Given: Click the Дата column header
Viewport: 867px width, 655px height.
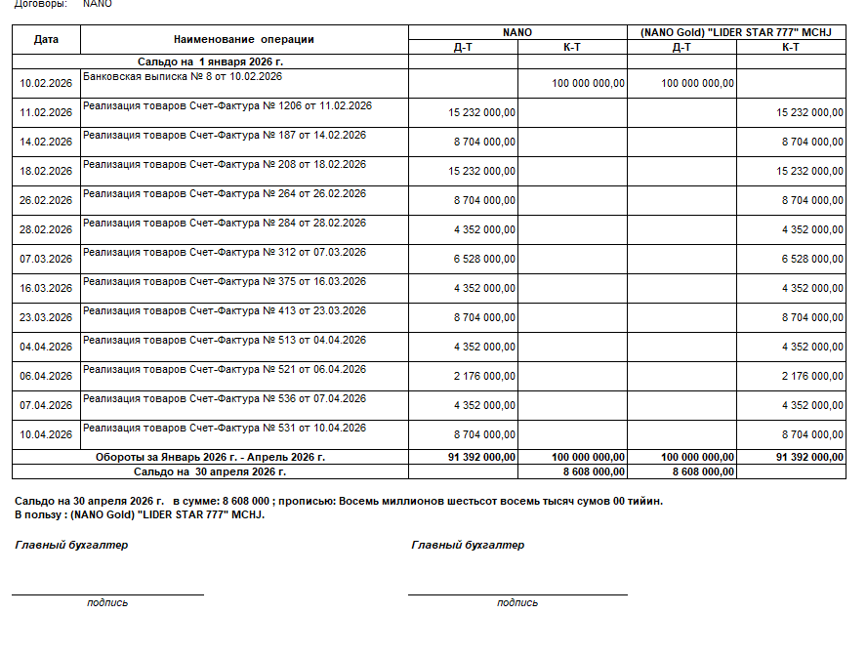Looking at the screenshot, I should click(46, 40).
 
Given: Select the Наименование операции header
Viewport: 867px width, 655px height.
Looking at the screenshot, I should click(243, 40).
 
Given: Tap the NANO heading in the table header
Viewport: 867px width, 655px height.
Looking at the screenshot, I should click(516, 32).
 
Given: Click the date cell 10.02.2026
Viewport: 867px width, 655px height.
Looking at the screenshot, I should click(46, 83).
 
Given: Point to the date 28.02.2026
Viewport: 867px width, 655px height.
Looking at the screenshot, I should click(46, 229).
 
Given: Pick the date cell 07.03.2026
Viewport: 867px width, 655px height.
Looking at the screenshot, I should click(46, 259).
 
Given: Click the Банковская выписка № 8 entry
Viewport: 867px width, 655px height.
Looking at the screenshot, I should click(183, 76).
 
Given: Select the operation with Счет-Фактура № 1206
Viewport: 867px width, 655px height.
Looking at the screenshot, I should click(227, 105).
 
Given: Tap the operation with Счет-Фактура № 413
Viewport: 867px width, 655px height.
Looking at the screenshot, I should click(225, 310).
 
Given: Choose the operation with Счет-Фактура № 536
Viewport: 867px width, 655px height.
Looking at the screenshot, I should click(225, 398).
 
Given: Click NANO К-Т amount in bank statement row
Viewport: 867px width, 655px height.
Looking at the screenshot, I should click(588, 83).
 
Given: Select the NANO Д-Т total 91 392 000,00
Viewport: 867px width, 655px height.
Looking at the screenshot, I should click(482, 456).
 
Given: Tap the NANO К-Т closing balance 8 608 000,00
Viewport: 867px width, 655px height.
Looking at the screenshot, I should click(594, 471).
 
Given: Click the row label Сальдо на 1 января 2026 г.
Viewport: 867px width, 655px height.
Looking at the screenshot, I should click(210, 61).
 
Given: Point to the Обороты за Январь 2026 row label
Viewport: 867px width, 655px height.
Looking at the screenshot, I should click(210, 456).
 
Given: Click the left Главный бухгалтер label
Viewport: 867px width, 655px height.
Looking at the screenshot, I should click(71, 545).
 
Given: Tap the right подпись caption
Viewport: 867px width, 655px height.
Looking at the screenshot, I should click(517, 602).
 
